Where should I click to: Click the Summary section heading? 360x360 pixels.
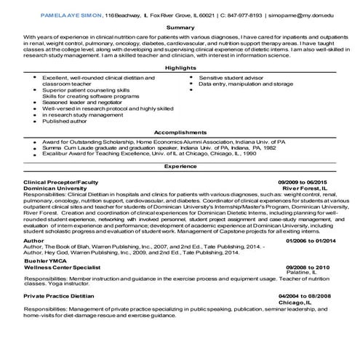click(x=180, y=27)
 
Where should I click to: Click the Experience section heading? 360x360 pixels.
click(x=180, y=167)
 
